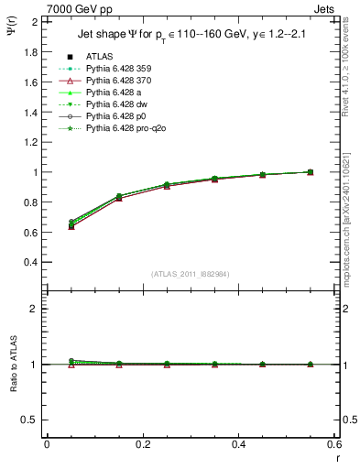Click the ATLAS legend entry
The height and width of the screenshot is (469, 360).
(x=99, y=57)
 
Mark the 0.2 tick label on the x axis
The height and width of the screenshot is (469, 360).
(x=142, y=444)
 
